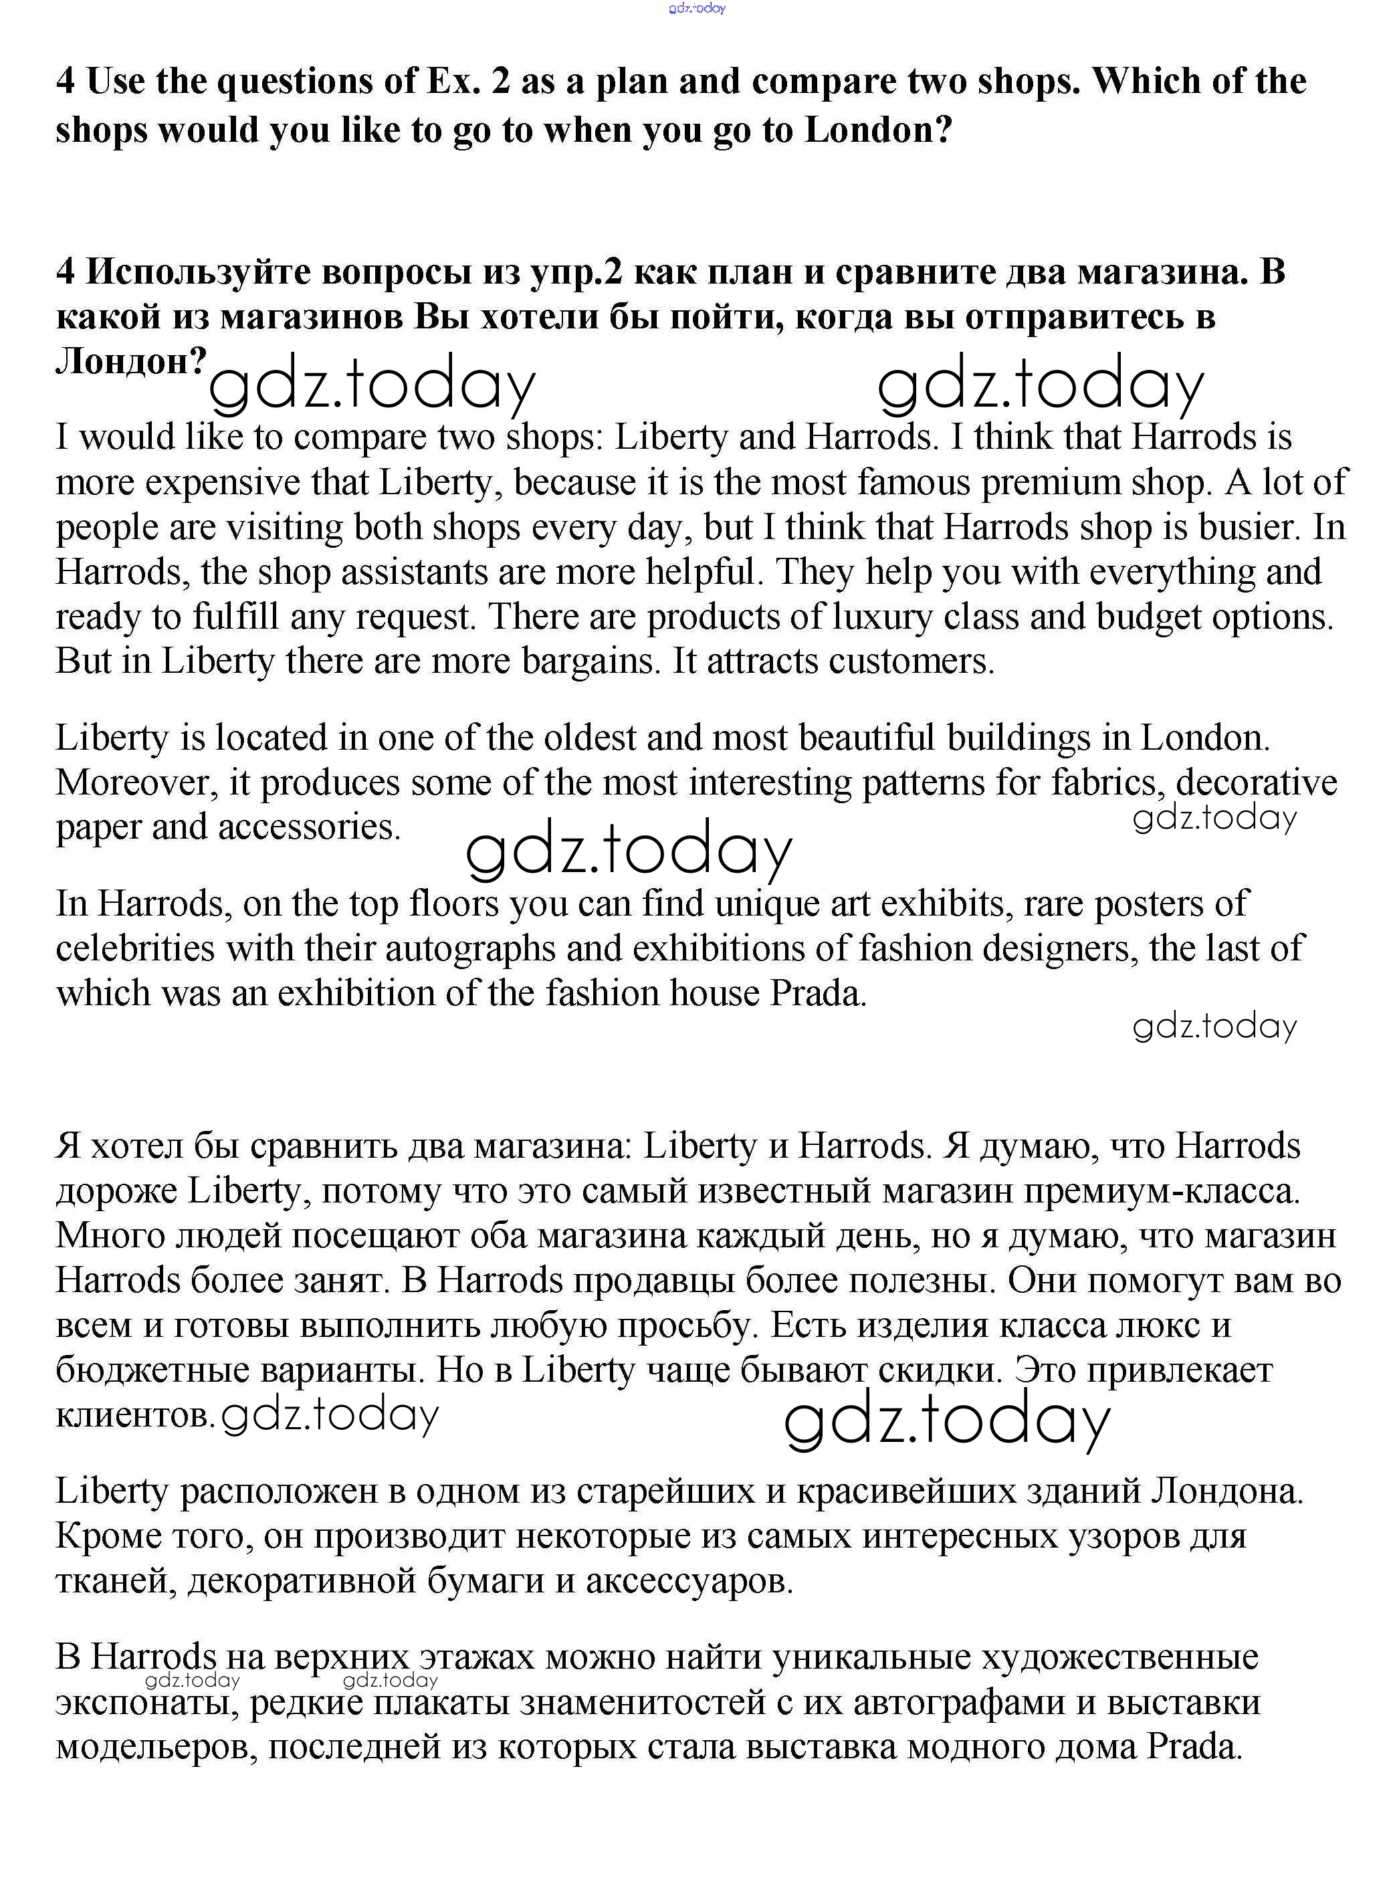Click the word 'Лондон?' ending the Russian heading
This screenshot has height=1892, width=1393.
(130, 361)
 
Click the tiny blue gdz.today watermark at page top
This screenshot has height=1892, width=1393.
(697, 9)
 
